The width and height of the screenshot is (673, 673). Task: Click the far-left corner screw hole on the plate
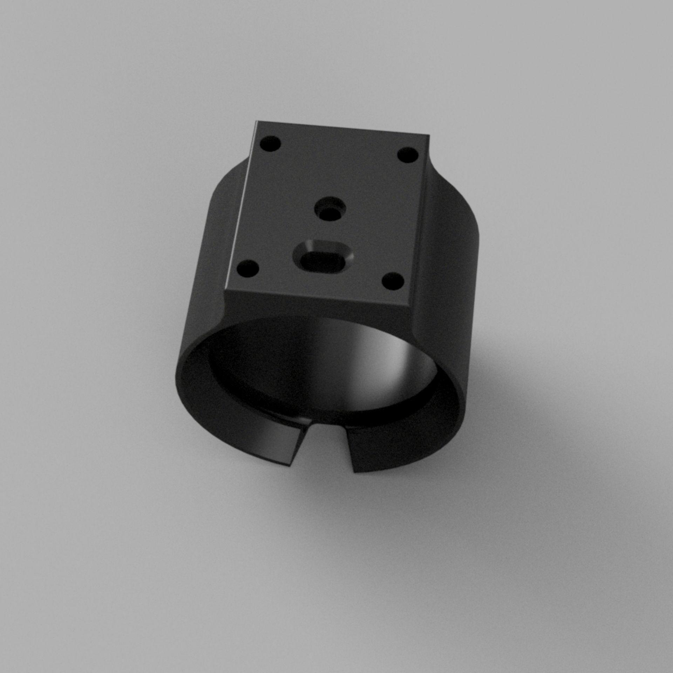pyautogui.click(x=270, y=144)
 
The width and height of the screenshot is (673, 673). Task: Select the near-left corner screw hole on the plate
pyautogui.click(x=247, y=269)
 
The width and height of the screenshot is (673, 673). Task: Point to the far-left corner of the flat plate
pyautogui.click(x=257, y=122)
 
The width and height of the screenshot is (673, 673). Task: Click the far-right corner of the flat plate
pyautogui.click(x=428, y=135)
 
